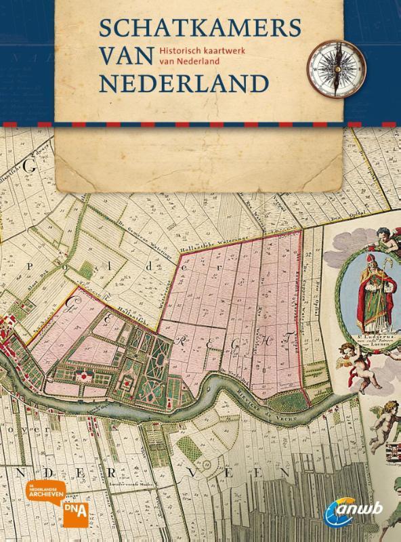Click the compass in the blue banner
tap(334, 63)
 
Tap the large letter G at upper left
tap(29, 165)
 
